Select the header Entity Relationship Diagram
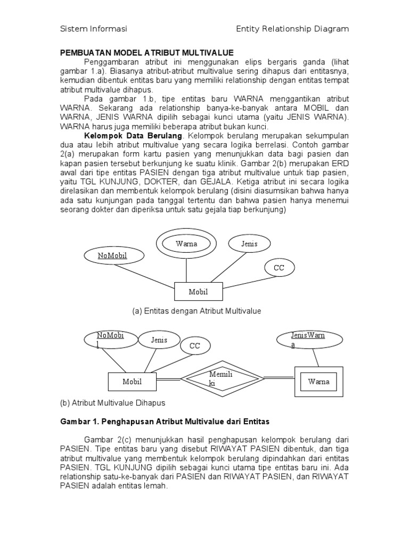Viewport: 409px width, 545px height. [292, 29]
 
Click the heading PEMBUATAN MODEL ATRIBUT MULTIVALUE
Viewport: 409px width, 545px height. [146, 54]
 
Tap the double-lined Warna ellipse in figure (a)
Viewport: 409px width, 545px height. [186, 244]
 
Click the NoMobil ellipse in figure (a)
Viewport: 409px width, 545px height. [113, 255]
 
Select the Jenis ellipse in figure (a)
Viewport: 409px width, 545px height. [249, 244]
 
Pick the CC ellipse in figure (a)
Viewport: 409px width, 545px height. [279, 268]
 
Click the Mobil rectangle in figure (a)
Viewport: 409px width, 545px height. [198, 292]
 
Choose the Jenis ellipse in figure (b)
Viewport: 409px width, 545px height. [159, 340]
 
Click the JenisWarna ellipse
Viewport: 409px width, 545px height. [307, 340]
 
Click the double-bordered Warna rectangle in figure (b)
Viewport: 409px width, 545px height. [318, 382]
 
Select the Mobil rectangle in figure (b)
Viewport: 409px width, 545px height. [132, 382]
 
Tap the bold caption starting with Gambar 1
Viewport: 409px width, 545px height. [164, 422]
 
